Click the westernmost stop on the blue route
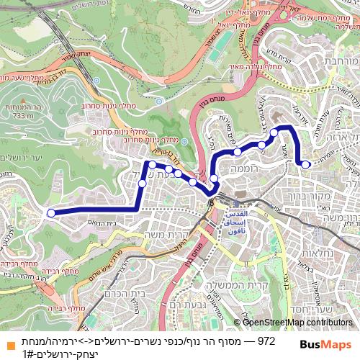[x=50, y=212]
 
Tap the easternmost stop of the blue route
[x=306, y=165]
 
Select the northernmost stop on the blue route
[x=274, y=132]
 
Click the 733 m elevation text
[x=22, y=115]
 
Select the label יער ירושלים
[x=22, y=158]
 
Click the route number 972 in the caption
[x=266, y=341]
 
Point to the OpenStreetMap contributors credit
[x=295, y=322]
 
